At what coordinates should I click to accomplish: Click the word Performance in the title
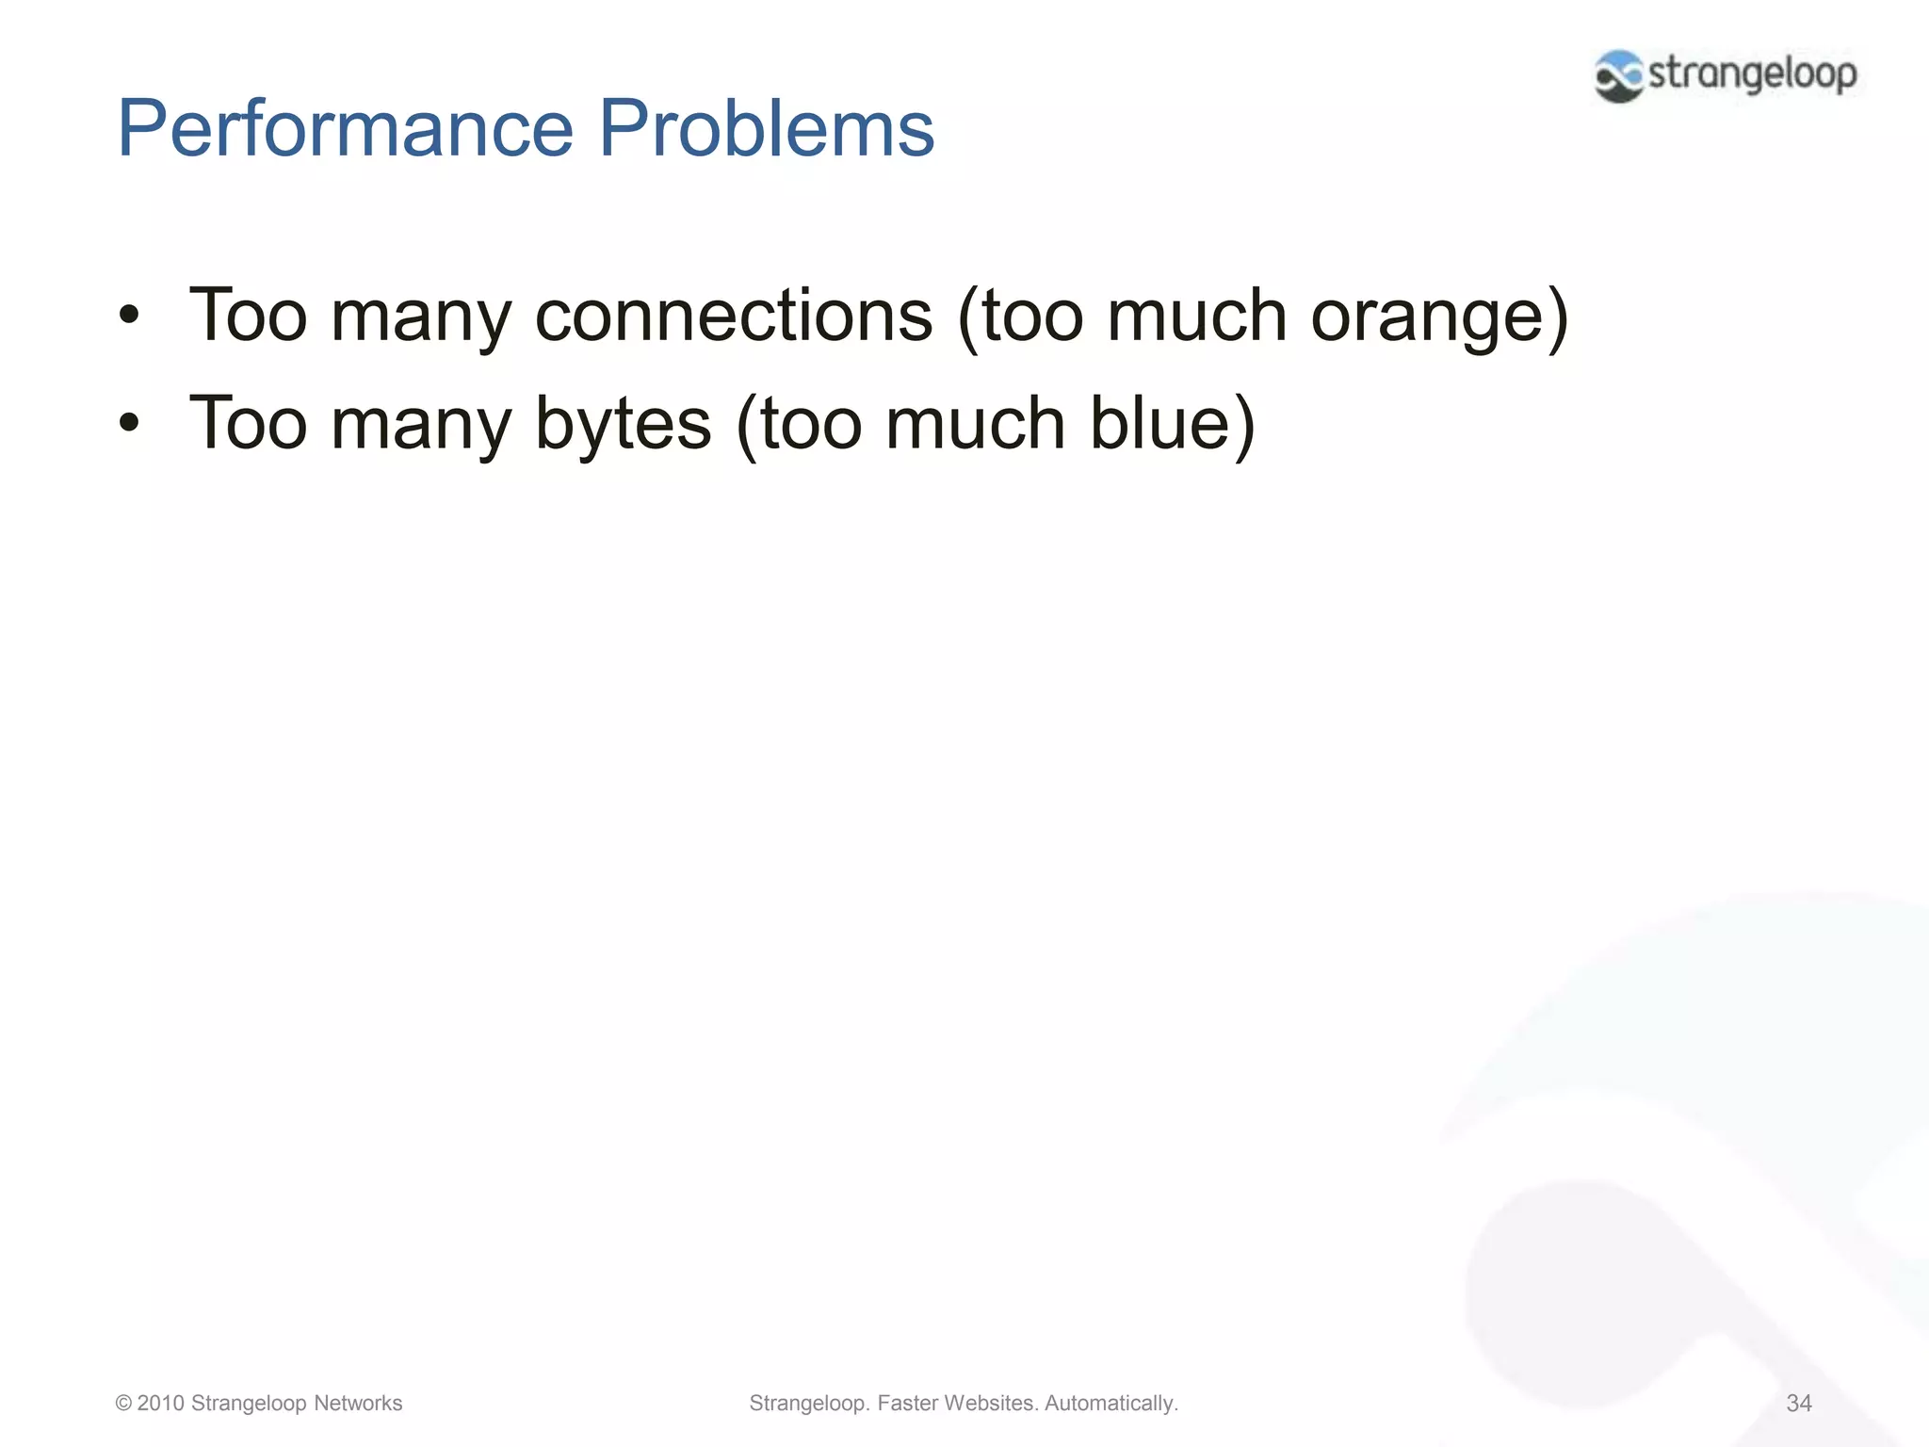[x=345, y=129]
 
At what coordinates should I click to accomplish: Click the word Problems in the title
[x=766, y=129]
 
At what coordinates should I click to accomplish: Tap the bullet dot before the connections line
[x=129, y=317]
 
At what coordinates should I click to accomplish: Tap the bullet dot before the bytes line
[x=129, y=424]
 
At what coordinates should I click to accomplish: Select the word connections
[x=734, y=316]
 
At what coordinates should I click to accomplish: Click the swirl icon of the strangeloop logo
[x=1619, y=76]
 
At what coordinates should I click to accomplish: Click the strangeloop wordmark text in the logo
[x=1752, y=74]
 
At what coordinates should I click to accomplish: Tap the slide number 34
[x=1798, y=1403]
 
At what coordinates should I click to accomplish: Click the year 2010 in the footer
[x=160, y=1403]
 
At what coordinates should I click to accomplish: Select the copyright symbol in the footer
[x=123, y=1403]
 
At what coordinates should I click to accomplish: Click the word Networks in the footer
[x=358, y=1403]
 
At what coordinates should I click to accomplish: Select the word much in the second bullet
[x=976, y=423]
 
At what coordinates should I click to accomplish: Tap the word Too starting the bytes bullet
[x=248, y=423]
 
